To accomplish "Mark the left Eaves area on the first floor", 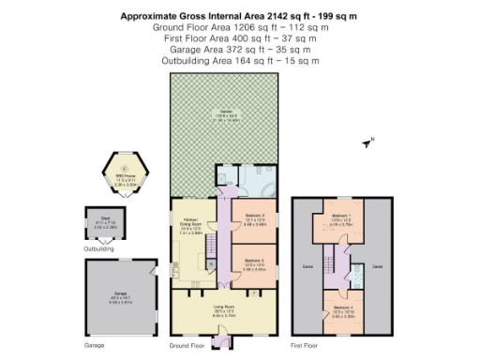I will click(307, 266).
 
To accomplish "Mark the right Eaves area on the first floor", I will click(377, 266).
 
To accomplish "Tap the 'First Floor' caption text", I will click(309, 345).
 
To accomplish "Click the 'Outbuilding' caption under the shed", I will click(99, 249).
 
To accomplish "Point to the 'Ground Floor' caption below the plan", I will click(186, 345).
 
